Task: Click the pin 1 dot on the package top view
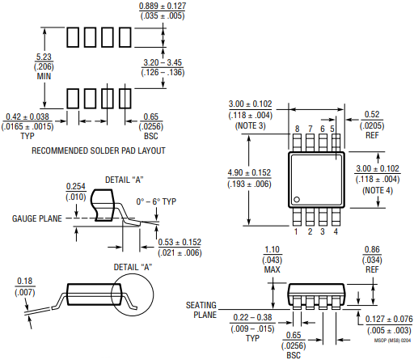coord(297,200)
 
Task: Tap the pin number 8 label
coord(297,129)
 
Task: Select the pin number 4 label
coord(336,231)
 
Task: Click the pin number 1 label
coord(296,231)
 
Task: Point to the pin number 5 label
coord(332,129)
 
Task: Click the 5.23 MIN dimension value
coord(44,66)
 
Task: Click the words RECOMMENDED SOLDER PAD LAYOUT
coord(99,150)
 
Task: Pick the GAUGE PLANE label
coord(37,218)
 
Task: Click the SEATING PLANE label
coord(201,310)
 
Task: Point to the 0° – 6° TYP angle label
coord(156,201)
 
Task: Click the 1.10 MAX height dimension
coord(272,260)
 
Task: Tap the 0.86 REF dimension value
coord(372,260)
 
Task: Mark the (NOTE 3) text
coord(251,126)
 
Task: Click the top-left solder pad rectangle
coord(73,37)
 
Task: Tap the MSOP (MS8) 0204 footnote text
coord(392,341)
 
